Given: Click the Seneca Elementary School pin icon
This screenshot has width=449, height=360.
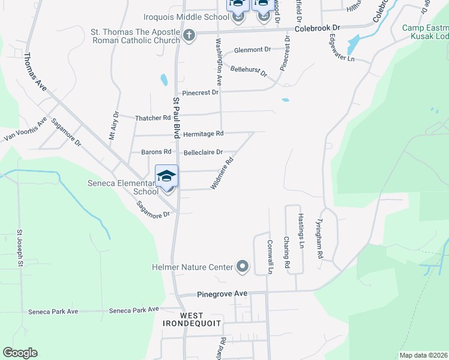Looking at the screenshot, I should tap(166, 176).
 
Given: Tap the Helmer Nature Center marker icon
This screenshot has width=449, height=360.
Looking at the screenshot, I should tap(243, 266).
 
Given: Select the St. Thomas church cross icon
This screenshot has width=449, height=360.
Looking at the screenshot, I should tap(189, 34).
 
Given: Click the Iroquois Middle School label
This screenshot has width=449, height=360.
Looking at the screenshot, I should tap(186, 17).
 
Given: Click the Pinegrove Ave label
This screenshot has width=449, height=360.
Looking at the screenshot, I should tap(223, 295).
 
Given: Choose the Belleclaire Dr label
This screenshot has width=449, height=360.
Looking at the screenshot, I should tap(203, 152).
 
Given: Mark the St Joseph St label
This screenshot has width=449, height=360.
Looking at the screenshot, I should tap(20, 248).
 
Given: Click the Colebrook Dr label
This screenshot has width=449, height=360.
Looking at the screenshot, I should tap(318, 28).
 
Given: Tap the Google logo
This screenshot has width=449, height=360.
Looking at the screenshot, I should tap(20, 353).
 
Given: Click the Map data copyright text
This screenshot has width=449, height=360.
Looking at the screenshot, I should tap(423, 355).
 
